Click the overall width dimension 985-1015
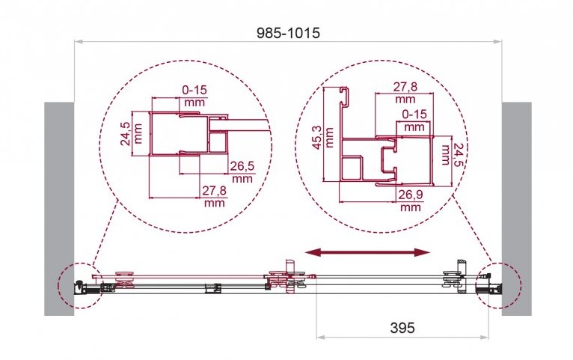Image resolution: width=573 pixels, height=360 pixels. (x=288, y=33)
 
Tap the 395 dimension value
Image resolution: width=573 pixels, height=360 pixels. (x=402, y=328)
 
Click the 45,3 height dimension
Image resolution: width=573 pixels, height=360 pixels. (x=319, y=138)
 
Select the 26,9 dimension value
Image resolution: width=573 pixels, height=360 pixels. (x=411, y=195)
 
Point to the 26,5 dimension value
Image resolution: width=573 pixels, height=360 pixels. (x=242, y=166)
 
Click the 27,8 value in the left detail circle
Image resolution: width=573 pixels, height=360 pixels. (x=215, y=190)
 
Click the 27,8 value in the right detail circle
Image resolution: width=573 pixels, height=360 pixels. (x=405, y=87)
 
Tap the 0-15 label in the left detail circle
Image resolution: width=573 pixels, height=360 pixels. (x=194, y=90)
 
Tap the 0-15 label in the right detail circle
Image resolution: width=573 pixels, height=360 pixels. (x=414, y=115)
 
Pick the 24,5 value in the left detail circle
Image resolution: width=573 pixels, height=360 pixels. (x=126, y=133)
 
